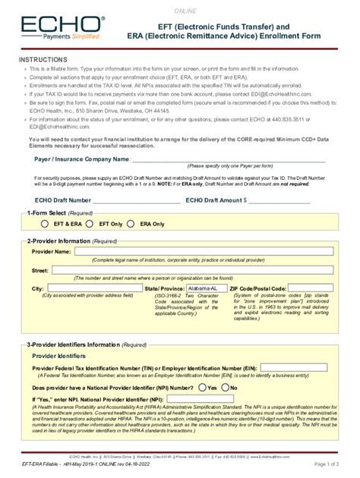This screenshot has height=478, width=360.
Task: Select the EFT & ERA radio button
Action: pos(46,225)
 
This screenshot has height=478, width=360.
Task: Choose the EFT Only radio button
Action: pos(93,225)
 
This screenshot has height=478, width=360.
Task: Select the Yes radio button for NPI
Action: pos(201,387)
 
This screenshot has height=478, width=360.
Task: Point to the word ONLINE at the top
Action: pos(185,11)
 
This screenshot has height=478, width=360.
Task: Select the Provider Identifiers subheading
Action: pos(58,355)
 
